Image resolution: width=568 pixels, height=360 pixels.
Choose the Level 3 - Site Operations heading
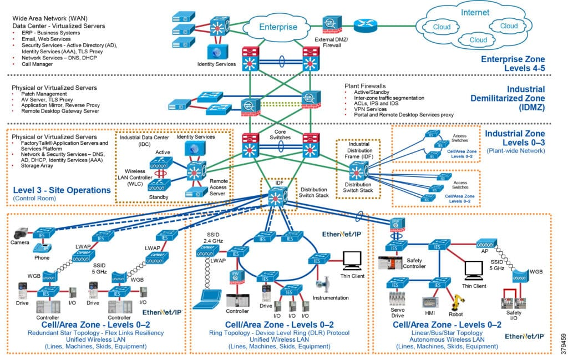pos(54,190)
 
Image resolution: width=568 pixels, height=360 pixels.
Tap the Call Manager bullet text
pos(37,64)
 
